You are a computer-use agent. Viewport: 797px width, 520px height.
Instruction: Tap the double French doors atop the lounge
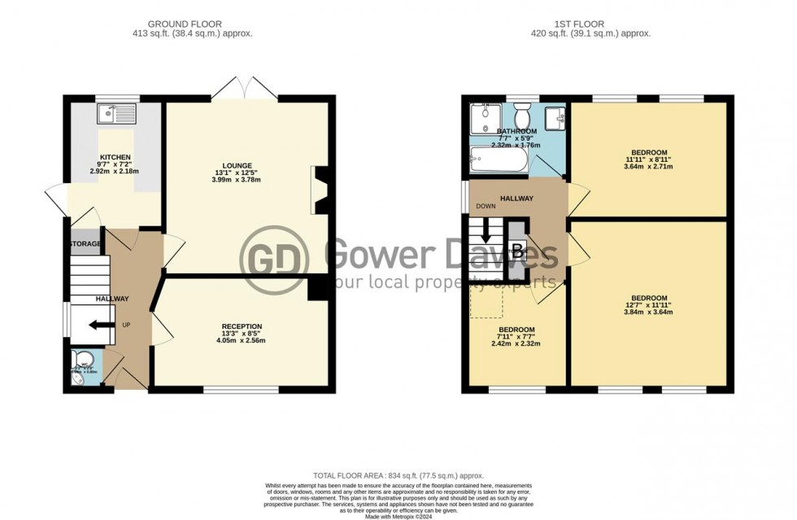(246, 87)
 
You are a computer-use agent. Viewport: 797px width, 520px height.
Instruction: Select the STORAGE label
(85, 244)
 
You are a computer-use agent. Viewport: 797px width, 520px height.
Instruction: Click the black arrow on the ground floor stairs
(98, 326)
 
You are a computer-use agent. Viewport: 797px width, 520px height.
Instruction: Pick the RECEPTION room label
(242, 326)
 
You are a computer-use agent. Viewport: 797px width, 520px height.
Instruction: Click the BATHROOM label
(517, 132)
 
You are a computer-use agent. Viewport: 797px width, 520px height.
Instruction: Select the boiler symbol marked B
(517, 251)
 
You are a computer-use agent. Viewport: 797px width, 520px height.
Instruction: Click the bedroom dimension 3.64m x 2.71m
(649, 167)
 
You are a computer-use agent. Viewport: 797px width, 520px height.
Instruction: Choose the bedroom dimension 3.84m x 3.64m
(649, 312)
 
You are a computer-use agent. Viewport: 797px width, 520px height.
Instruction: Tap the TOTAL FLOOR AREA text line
(398, 474)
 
